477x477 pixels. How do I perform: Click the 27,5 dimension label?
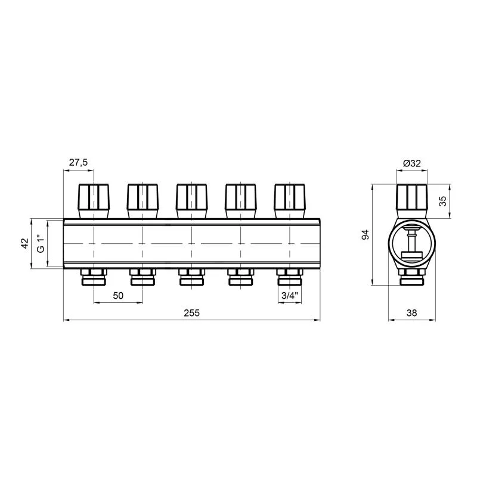click(x=78, y=162)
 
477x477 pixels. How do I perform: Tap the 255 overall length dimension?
click(x=191, y=312)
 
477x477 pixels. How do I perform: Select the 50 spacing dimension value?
click(x=118, y=295)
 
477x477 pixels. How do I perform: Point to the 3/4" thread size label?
click(x=289, y=295)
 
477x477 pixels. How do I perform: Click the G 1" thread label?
click(x=41, y=244)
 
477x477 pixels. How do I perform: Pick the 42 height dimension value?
click(x=24, y=243)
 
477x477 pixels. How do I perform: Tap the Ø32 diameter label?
click(x=412, y=163)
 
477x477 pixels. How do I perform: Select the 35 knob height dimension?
click(x=443, y=201)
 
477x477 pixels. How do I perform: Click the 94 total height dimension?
click(x=365, y=234)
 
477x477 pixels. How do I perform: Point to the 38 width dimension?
click(x=411, y=312)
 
